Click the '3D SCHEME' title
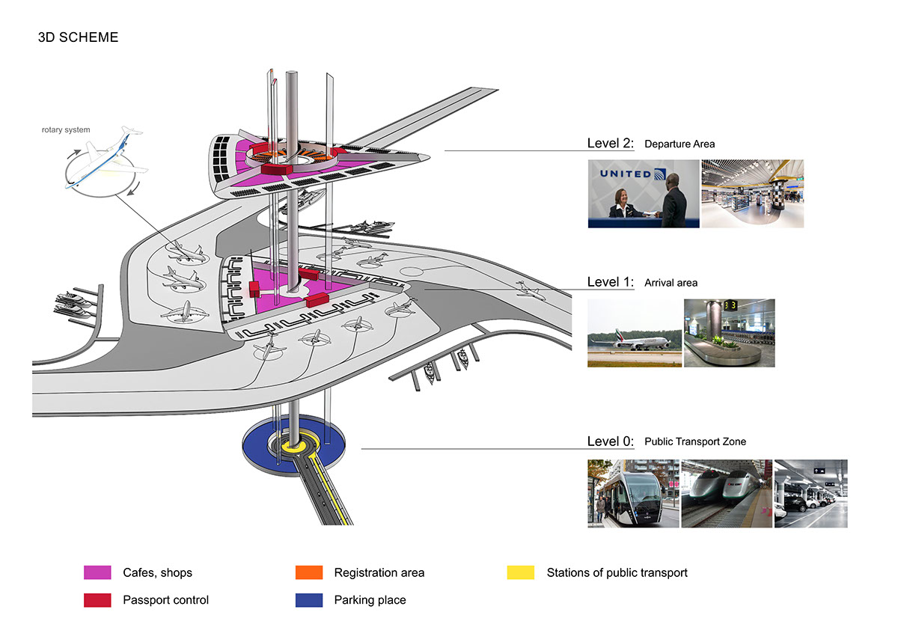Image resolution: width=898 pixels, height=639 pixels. (x=78, y=37)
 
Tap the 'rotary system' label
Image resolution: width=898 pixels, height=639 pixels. (x=66, y=130)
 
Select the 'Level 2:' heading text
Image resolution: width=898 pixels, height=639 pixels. (x=611, y=143)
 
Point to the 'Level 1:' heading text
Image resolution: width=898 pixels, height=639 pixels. (x=611, y=282)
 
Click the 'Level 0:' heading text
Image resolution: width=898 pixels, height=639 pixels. (x=611, y=441)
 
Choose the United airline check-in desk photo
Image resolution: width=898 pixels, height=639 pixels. (x=644, y=194)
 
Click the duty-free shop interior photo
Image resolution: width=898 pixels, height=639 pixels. (x=752, y=194)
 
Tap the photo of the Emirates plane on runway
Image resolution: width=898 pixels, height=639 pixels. (x=635, y=333)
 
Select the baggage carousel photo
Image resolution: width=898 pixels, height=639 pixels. (x=729, y=333)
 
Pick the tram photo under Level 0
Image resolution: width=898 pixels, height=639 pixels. (x=633, y=494)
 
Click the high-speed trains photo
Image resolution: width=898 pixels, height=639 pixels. (x=727, y=494)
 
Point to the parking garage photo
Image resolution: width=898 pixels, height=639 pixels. (x=810, y=494)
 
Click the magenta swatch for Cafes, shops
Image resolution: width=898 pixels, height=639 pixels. (x=97, y=573)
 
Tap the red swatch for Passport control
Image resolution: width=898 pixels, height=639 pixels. (x=97, y=600)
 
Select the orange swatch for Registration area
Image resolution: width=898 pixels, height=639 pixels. (x=309, y=573)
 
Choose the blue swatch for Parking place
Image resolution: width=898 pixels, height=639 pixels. (x=309, y=600)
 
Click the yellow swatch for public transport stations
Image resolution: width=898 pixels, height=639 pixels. (x=521, y=573)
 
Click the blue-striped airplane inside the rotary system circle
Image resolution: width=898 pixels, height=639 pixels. (x=101, y=161)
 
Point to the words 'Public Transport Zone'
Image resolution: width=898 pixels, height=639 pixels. (x=694, y=441)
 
